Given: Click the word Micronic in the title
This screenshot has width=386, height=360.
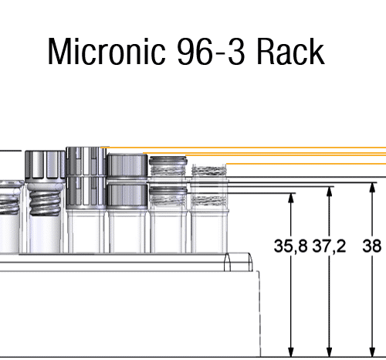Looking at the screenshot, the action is (x=107, y=51).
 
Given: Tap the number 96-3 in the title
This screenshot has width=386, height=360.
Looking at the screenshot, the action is (x=211, y=52).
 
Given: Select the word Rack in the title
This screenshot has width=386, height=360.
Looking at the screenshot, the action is (x=290, y=51).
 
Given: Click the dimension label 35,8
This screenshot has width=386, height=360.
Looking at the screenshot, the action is (x=290, y=246).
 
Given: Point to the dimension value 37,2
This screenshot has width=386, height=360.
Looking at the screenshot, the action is (x=329, y=246).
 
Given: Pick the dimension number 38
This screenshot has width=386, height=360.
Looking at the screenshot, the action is (x=371, y=246).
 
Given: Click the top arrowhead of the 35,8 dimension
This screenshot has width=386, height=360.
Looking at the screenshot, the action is (x=291, y=198).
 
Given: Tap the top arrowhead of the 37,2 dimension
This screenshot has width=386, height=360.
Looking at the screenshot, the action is (x=329, y=192).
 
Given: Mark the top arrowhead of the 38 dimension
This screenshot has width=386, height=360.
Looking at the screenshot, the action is (x=372, y=188).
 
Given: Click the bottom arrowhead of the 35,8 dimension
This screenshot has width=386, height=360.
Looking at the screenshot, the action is (x=291, y=352).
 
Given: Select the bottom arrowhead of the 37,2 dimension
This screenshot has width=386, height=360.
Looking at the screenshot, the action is (x=329, y=352).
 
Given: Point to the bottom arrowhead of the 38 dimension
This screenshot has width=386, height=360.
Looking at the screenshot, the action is (x=372, y=352).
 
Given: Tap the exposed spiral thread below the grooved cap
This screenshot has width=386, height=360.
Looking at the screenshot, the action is (x=46, y=202).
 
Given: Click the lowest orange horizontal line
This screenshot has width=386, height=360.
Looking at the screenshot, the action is (x=306, y=164).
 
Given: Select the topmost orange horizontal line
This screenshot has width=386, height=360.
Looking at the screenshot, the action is (x=243, y=148).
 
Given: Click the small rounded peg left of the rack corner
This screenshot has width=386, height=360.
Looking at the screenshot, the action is (x=227, y=262).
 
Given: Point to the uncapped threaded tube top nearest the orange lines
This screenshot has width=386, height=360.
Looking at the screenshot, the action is (x=209, y=170).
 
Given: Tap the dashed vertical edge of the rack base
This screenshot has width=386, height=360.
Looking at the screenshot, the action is (x=259, y=314).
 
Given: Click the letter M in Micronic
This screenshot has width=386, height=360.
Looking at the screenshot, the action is (x=59, y=51).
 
